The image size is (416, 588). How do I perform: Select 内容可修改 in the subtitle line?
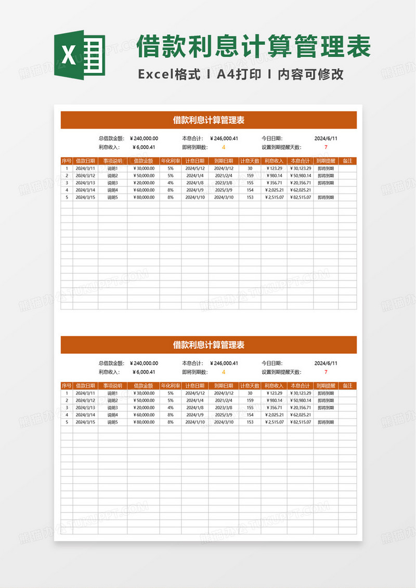[x=310, y=74]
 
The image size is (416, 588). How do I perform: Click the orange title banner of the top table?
[x=209, y=120]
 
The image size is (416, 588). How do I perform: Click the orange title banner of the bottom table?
[x=209, y=345]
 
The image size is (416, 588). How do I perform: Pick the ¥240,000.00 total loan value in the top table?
[x=143, y=138]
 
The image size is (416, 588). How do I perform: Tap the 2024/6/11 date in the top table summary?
[x=326, y=138]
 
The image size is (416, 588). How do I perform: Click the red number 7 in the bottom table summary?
[x=326, y=372]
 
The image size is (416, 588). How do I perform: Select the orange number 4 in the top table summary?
[x=224, y=147]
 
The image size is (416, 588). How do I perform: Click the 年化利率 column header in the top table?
[x=170, y=161]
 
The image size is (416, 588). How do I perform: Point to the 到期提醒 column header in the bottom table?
[x=326, y=386]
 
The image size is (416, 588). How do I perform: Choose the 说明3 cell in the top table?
[x=112, y=183]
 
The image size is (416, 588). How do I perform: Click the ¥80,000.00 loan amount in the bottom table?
[x=144, y=423]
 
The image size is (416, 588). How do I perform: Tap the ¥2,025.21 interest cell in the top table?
[x=274, y=190]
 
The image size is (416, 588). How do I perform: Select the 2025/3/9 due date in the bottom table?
[x=224, y=415]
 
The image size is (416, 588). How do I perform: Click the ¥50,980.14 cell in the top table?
[x=300, y=176]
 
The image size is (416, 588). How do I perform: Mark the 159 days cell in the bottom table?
[x=250, y=401]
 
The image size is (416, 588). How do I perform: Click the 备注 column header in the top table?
[x=347, y=161]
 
